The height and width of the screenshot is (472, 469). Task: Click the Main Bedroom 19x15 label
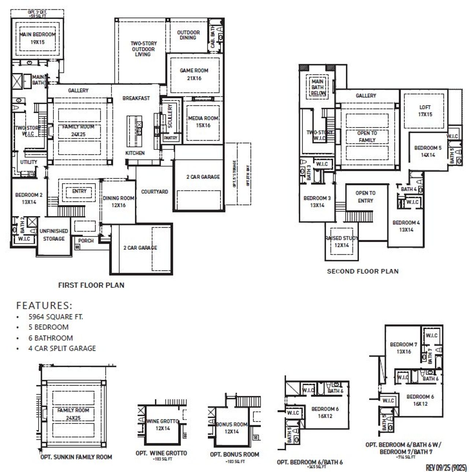point(37,38)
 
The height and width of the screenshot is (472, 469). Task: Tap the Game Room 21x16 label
point(194,74)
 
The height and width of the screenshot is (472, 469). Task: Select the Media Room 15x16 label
point(203,122)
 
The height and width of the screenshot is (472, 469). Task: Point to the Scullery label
point(170,116)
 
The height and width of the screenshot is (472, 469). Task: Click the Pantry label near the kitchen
point(170,138)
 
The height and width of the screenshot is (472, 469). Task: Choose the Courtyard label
point(155,192)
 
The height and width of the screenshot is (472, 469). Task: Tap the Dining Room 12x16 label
point(118,201)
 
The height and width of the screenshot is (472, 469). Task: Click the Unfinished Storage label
point(54,235)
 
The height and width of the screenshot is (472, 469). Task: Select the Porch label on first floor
point(86,241)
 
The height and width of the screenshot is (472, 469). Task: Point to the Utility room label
point(29,162)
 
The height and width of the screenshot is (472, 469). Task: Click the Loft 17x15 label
point(425,111)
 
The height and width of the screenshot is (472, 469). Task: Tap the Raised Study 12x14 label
point(341,242)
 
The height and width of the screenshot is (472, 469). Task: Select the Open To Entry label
point(365,197)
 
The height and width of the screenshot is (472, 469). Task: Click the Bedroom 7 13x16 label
point(403,348)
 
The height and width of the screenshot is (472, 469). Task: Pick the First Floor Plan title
point(91,285)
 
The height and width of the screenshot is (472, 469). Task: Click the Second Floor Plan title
point(362,271)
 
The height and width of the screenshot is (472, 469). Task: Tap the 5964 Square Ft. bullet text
point(56,317)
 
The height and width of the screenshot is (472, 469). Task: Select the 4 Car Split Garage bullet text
point(62,348)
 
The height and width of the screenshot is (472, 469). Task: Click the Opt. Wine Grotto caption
point(161,453)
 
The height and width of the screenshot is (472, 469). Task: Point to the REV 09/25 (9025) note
point(446,468)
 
